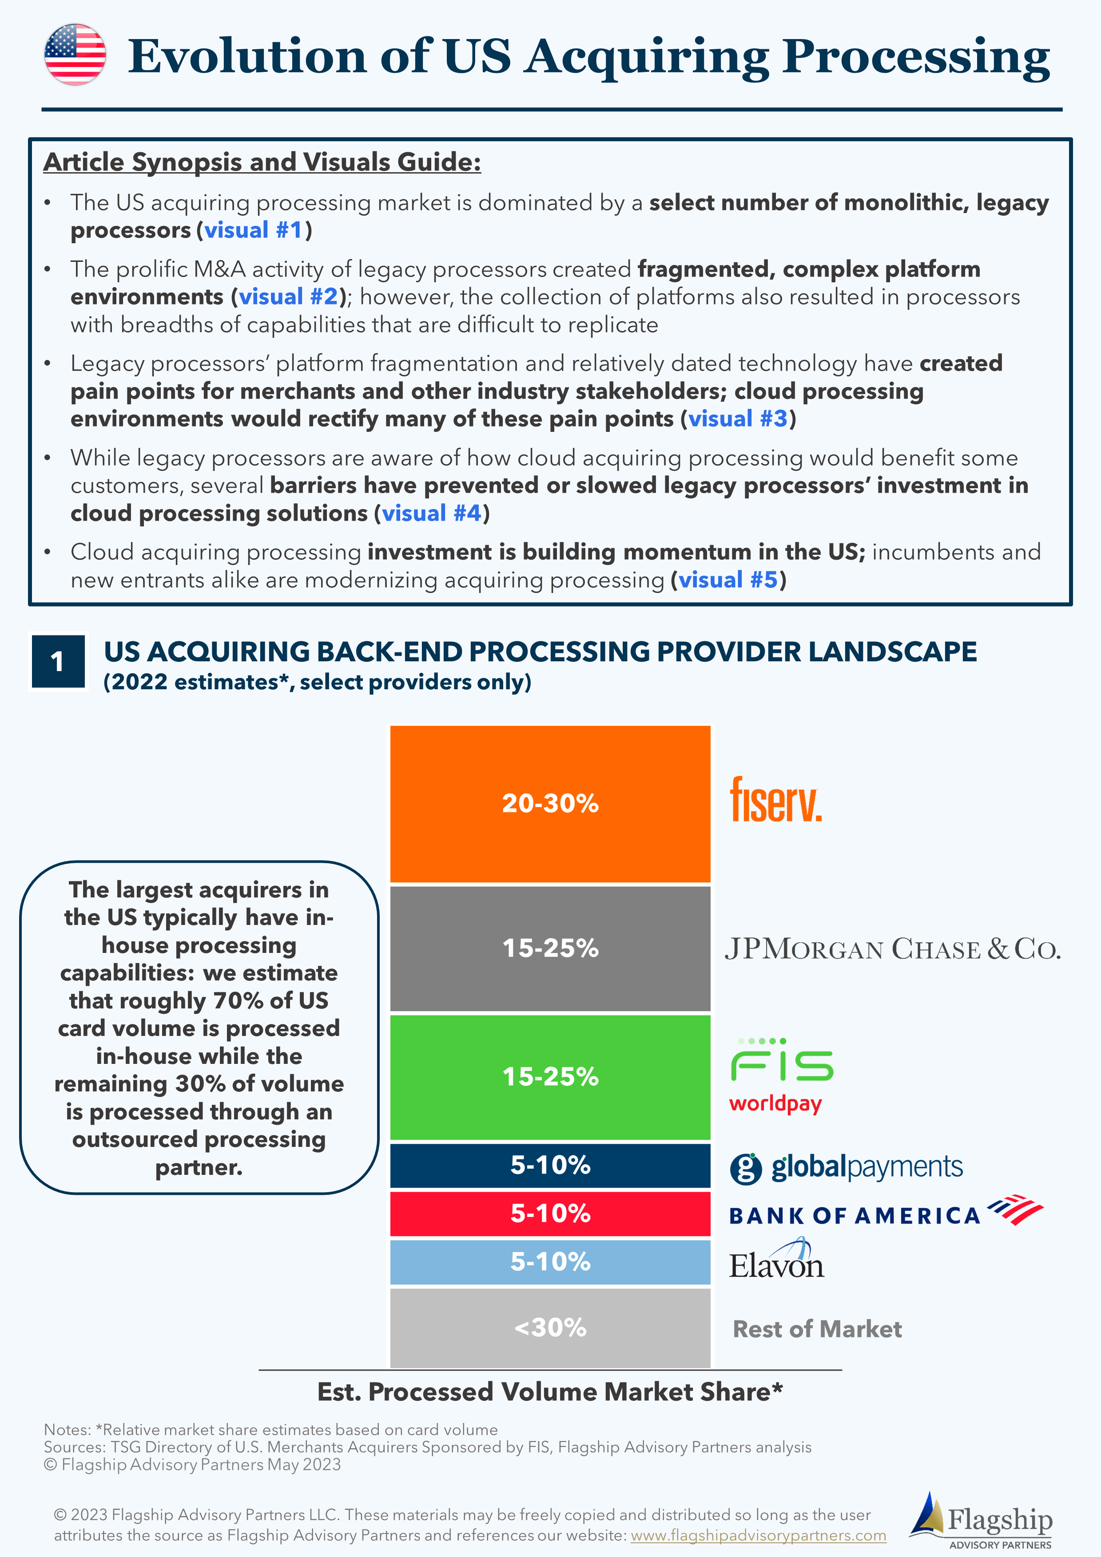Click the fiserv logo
[x=775, y=800]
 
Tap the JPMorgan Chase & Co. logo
[x=892, y=948]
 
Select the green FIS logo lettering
[x=782, y=1061]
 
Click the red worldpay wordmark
[x=775, y=1104]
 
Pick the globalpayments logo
[x=846, y=1167]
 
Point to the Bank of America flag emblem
[x=1015, y=1209]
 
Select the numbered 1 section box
[x=58, y=661]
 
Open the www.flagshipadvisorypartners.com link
[x=759, y=1535]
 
